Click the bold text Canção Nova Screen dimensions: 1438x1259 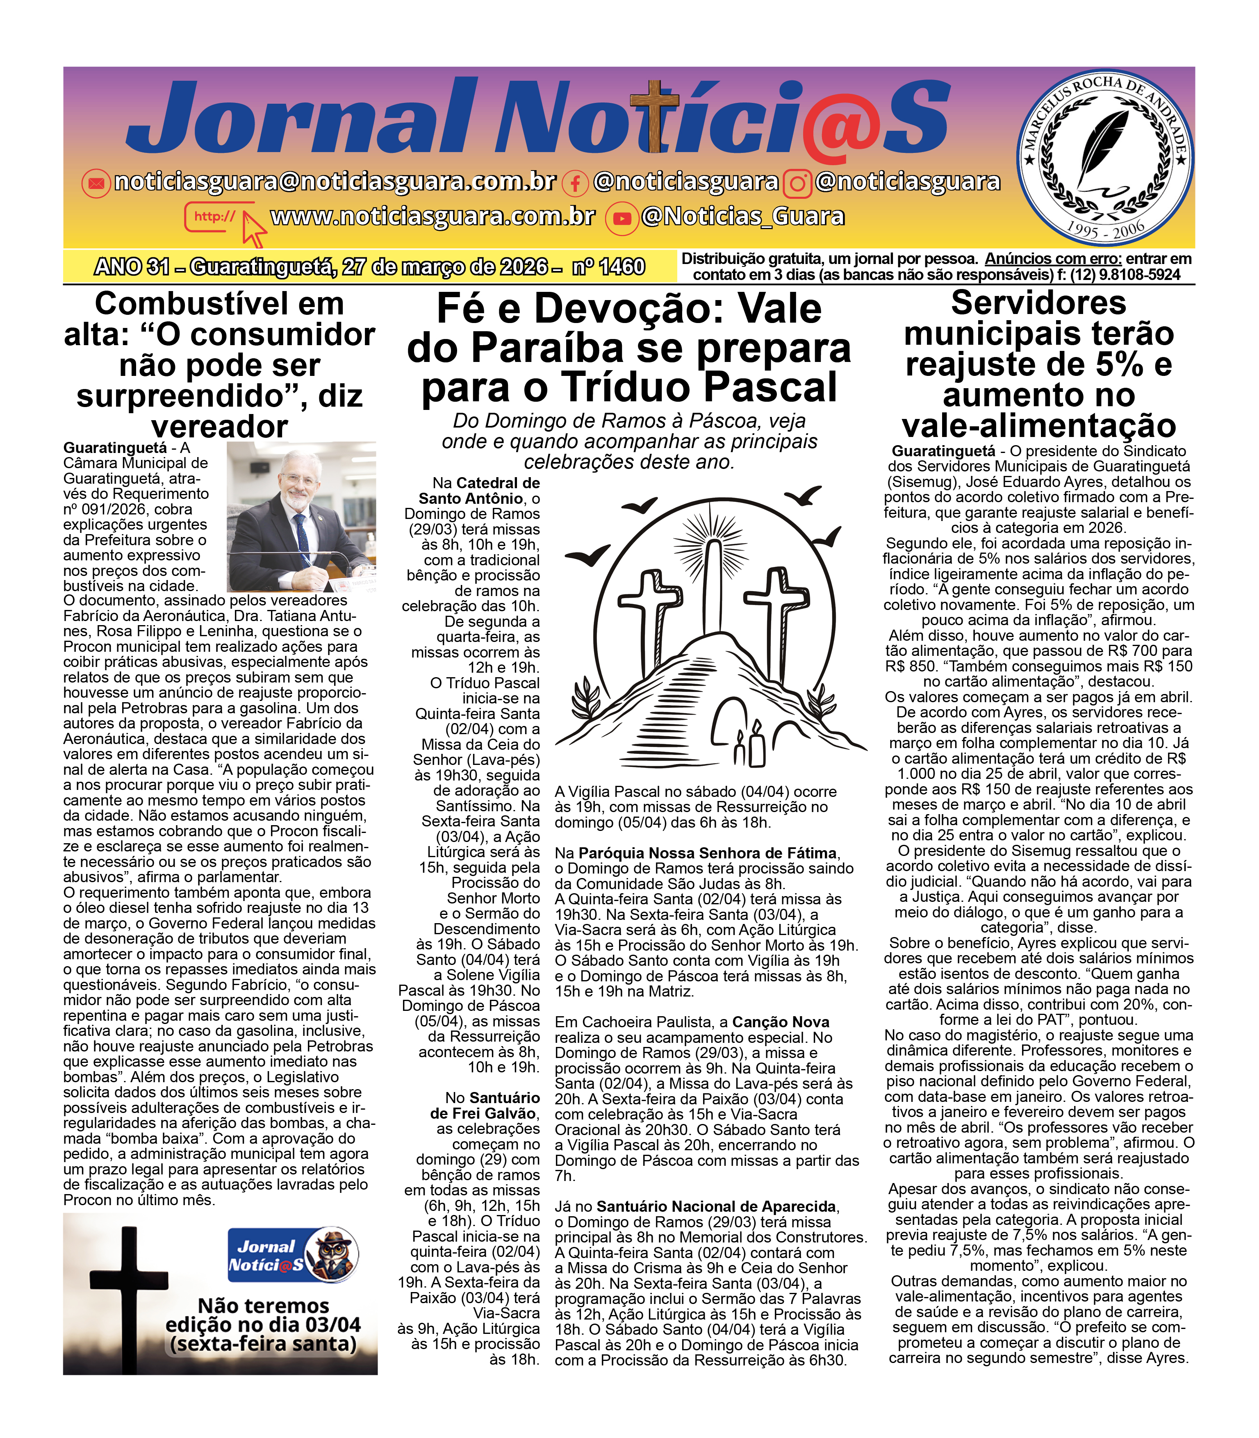pos(781,1022)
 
